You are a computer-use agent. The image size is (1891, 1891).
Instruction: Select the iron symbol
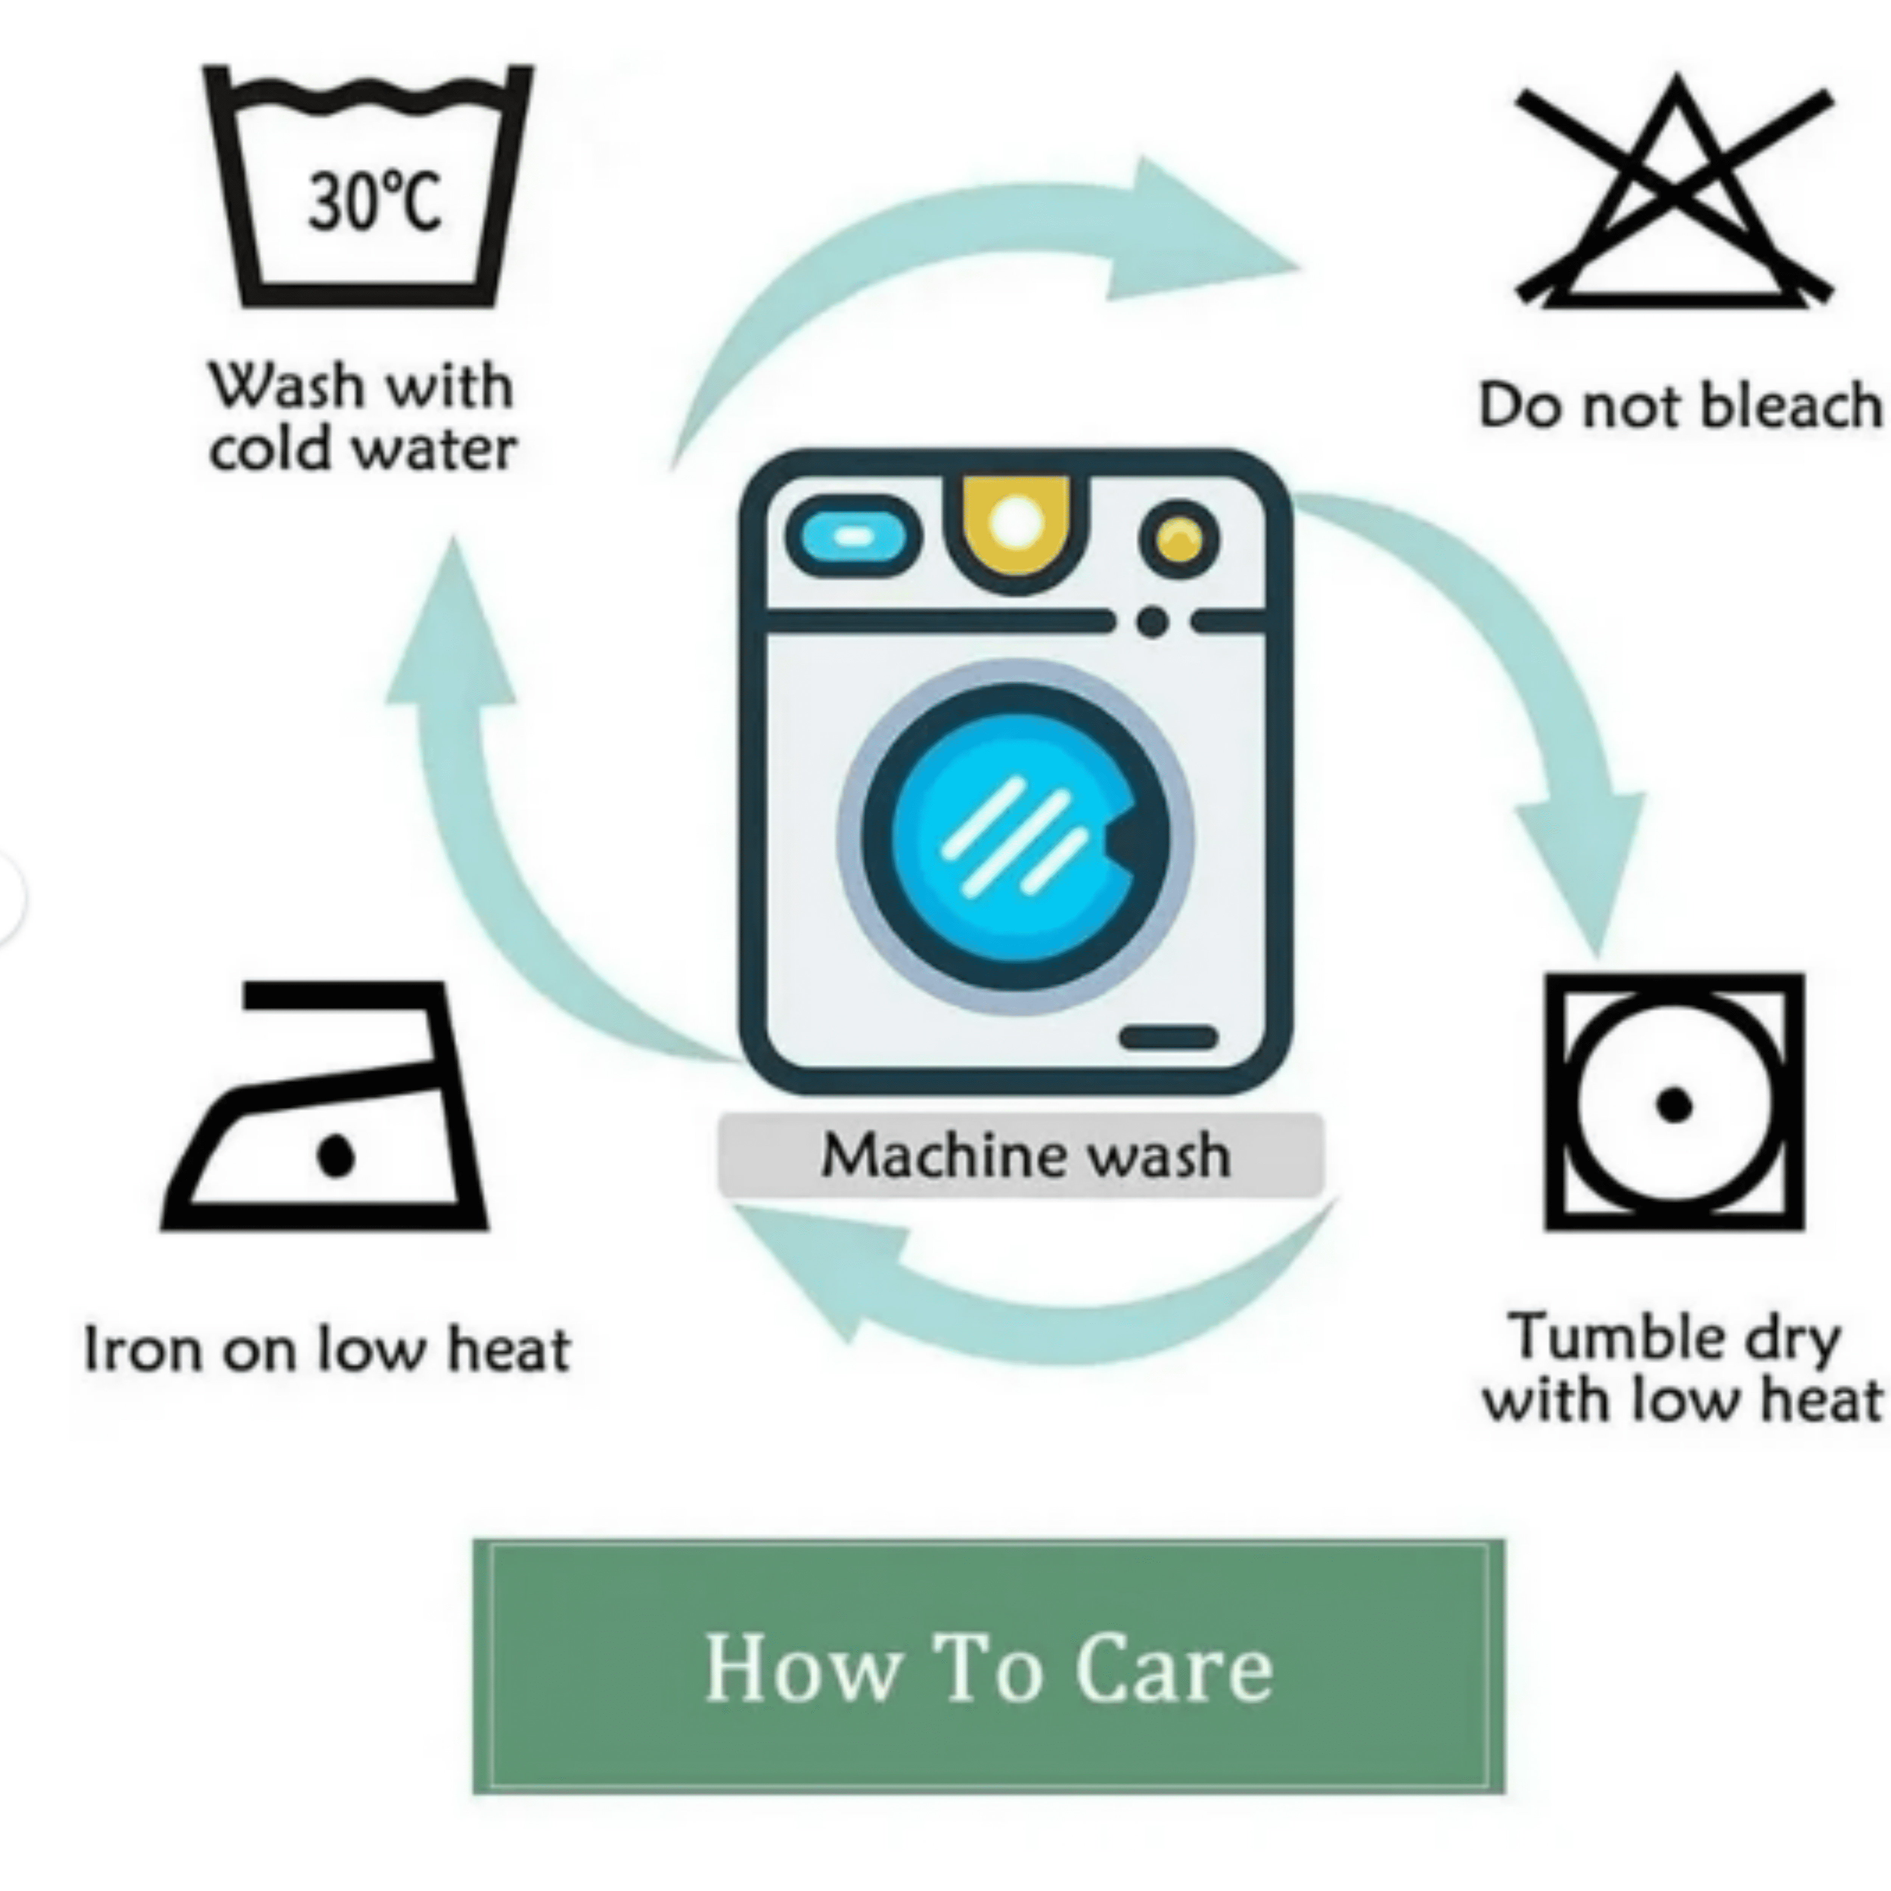[x=324, y=1106]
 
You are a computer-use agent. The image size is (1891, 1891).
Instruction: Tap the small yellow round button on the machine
[x=1180, y=539]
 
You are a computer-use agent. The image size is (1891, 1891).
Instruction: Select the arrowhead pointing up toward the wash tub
[x=451, y=626]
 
